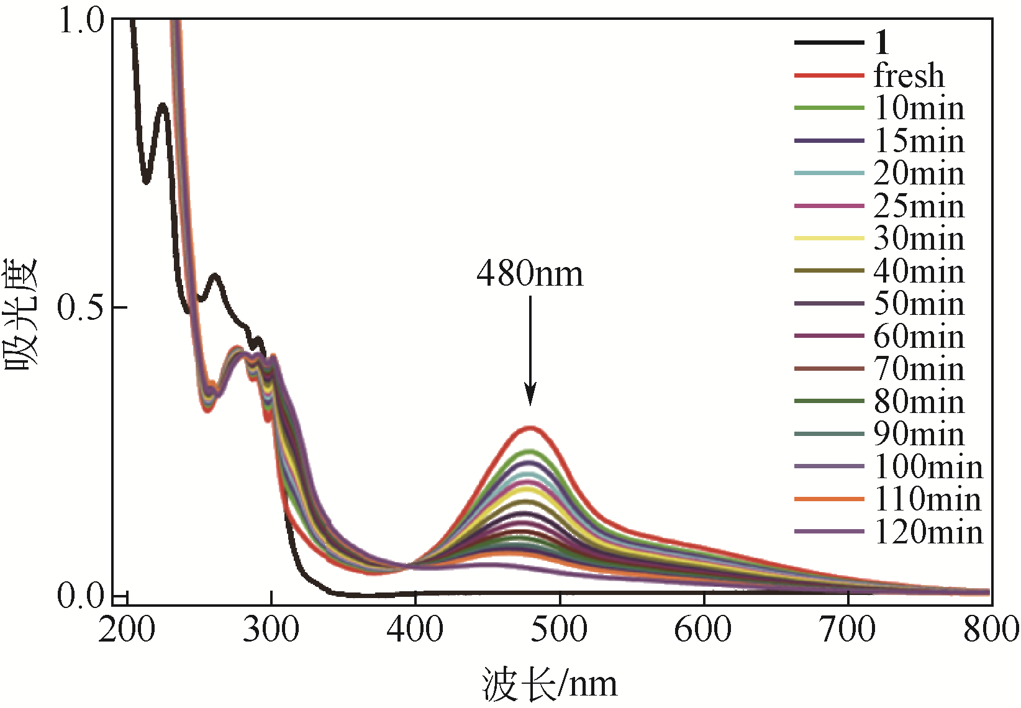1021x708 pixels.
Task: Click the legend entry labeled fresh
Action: [x=909, y=76]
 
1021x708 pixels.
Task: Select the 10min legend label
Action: [x=919, y=108]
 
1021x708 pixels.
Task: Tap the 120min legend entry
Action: [x=928, y=532]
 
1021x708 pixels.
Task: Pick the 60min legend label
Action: [x=919, y=337]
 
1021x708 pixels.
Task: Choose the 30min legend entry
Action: [x=919, y=238]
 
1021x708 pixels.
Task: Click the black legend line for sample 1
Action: [x=829, y=43]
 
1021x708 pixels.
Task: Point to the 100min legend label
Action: [x=928, y=467]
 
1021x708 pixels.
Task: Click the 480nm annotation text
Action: [x=530, y=274]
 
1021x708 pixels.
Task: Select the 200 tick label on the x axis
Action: [x=127, y=630]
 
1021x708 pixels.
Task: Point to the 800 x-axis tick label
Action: [x=991, y=630]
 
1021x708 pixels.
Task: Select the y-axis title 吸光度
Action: [x=22, y=314]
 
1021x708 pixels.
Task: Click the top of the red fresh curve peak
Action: [x=530, y=427]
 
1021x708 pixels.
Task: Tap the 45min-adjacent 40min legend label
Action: [x=919, y=271]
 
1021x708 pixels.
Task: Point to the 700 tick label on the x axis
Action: [x=848, y=630]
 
